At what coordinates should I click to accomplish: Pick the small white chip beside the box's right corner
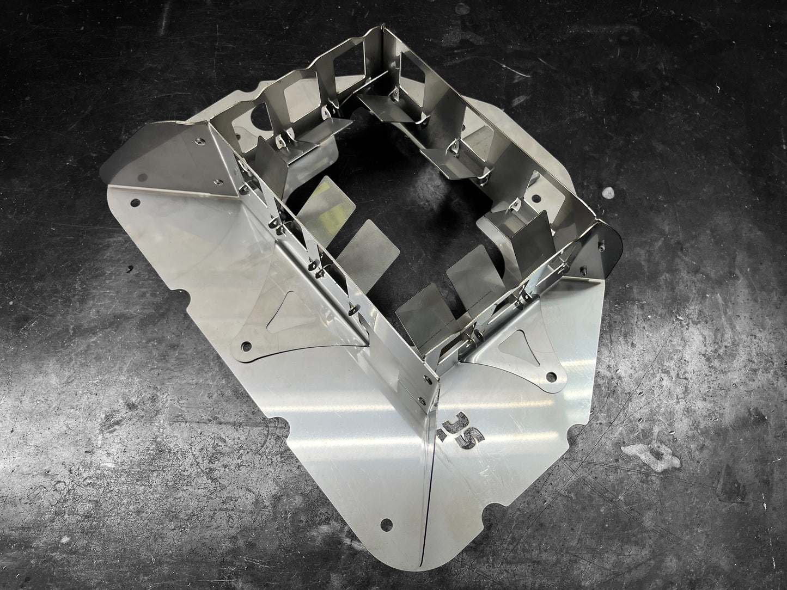click(x=606, y=192)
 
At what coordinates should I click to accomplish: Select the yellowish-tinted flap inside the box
click(x=324, y=198)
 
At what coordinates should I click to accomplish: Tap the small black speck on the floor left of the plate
click(x=129, y=268)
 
